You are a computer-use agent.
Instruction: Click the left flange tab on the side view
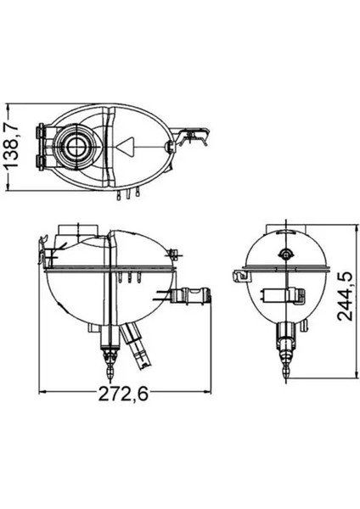pyautogui.click(x=236, y=276)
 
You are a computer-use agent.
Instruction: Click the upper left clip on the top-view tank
pyautogui.click(x=40, y=132)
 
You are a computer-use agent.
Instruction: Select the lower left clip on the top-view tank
pyautogui.click(x=40, y=160)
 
